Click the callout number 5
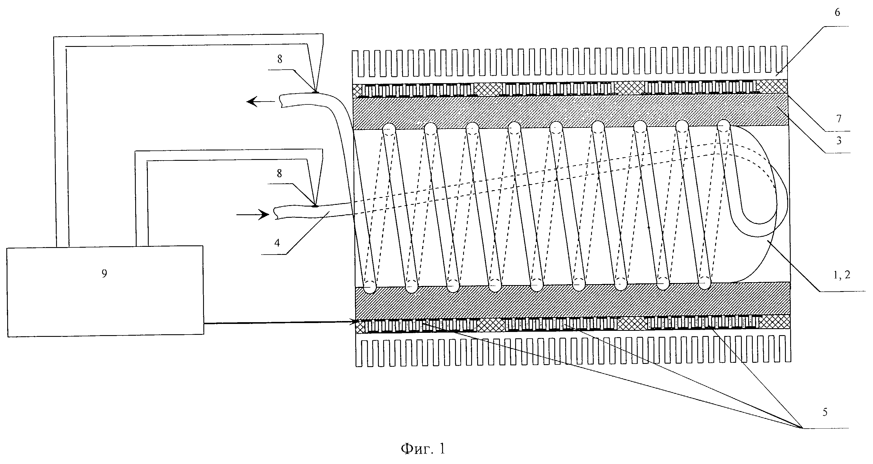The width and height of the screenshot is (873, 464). pos(825,412)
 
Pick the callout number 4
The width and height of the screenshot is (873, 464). pos(277,243)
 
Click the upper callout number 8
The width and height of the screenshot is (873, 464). pos(280,59)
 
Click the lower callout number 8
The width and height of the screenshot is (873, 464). pos(279,173)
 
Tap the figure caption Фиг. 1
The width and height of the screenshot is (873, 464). pos(423,449)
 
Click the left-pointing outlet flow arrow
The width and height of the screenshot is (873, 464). pos(261,101)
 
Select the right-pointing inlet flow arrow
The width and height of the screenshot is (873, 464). pos(253,215)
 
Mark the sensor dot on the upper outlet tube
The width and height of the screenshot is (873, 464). pos(315,92)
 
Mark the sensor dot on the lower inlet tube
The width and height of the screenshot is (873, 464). pos(315,205)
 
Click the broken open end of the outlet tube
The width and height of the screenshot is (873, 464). pos(281,101)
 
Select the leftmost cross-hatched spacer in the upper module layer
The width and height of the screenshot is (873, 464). pos(358,90)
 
